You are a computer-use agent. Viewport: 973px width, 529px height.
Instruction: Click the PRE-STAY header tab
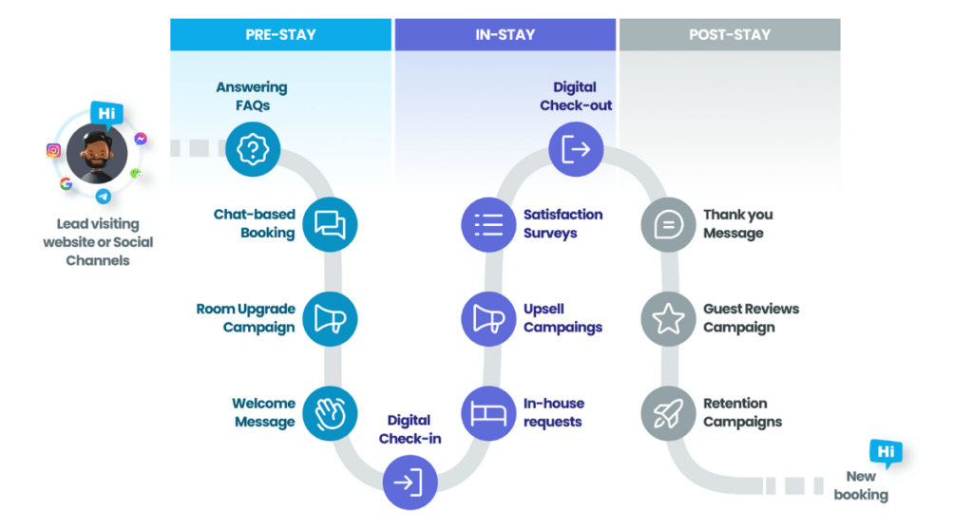[280, 35]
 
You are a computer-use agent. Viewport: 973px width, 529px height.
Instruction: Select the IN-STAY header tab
[505, 35]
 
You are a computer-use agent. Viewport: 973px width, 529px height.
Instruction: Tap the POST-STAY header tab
[729, 35]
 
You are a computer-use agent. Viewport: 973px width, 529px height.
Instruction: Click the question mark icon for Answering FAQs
[254, 149]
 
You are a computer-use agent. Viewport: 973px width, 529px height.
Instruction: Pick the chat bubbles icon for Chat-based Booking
[330, 224]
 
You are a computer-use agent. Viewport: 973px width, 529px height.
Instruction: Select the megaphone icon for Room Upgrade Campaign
[330, 318]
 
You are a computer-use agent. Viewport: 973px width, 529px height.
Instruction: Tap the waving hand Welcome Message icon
[330, 412]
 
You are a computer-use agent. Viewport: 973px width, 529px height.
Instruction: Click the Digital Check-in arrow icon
[410, 482]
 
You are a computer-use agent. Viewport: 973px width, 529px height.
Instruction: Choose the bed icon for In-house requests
[488, 412]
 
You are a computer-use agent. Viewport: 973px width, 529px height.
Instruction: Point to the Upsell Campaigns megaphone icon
[488, 318]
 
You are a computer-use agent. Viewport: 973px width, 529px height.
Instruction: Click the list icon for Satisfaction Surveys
[488, 224]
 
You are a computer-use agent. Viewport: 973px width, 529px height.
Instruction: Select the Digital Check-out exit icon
[576, 149]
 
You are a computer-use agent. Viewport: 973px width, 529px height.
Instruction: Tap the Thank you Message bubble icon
[668, 224]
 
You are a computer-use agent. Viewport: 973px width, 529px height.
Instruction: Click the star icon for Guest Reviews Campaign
[668, 318]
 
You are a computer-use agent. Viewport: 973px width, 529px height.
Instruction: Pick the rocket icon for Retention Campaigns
[668, 412]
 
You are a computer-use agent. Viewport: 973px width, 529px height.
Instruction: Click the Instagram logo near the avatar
[53, 150]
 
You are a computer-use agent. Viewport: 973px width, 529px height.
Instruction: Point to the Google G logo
[66, 183]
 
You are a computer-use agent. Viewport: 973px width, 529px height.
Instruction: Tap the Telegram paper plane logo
[103, 196]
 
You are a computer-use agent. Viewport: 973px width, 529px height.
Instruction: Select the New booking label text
[861, 485]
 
